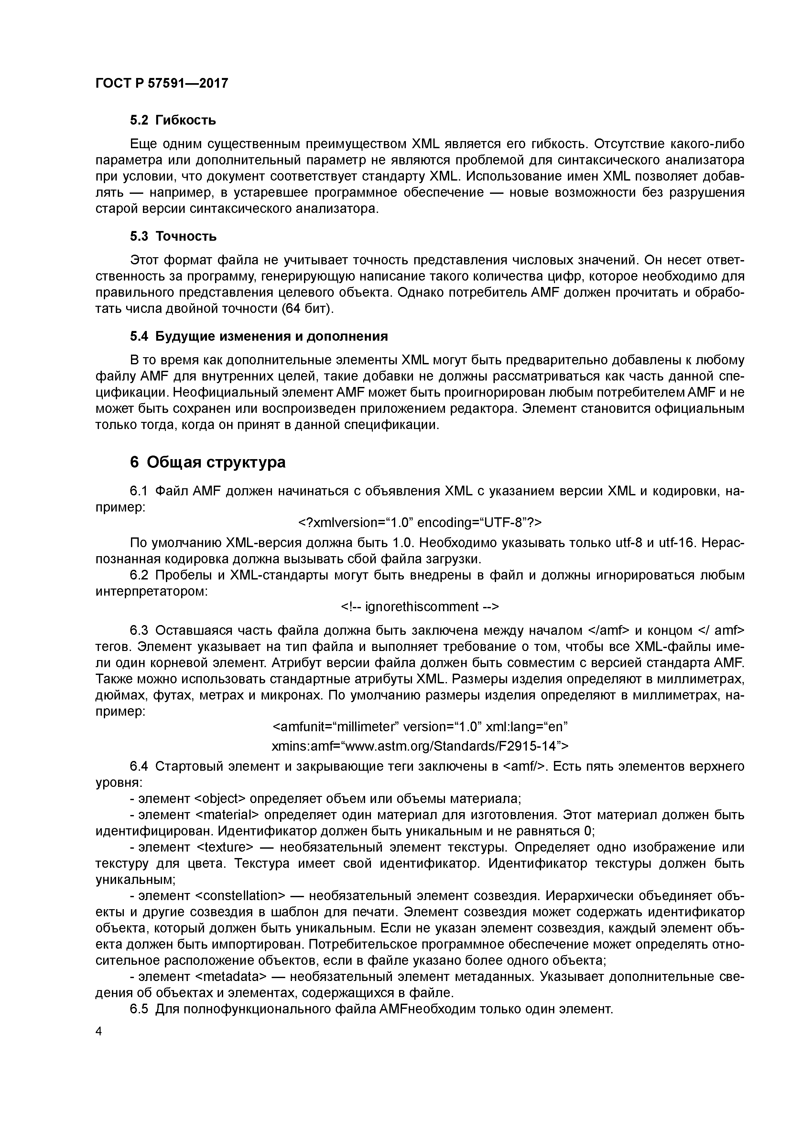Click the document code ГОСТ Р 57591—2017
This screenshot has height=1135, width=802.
[x=162, y=83]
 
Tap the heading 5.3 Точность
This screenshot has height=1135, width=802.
[x=173, y=236]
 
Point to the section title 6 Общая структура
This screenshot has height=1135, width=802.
[x=208, y=462]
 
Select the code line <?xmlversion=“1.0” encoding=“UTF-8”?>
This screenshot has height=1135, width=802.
[x=420, y=523]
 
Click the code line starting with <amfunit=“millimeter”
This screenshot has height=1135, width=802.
[x=420, y=727]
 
